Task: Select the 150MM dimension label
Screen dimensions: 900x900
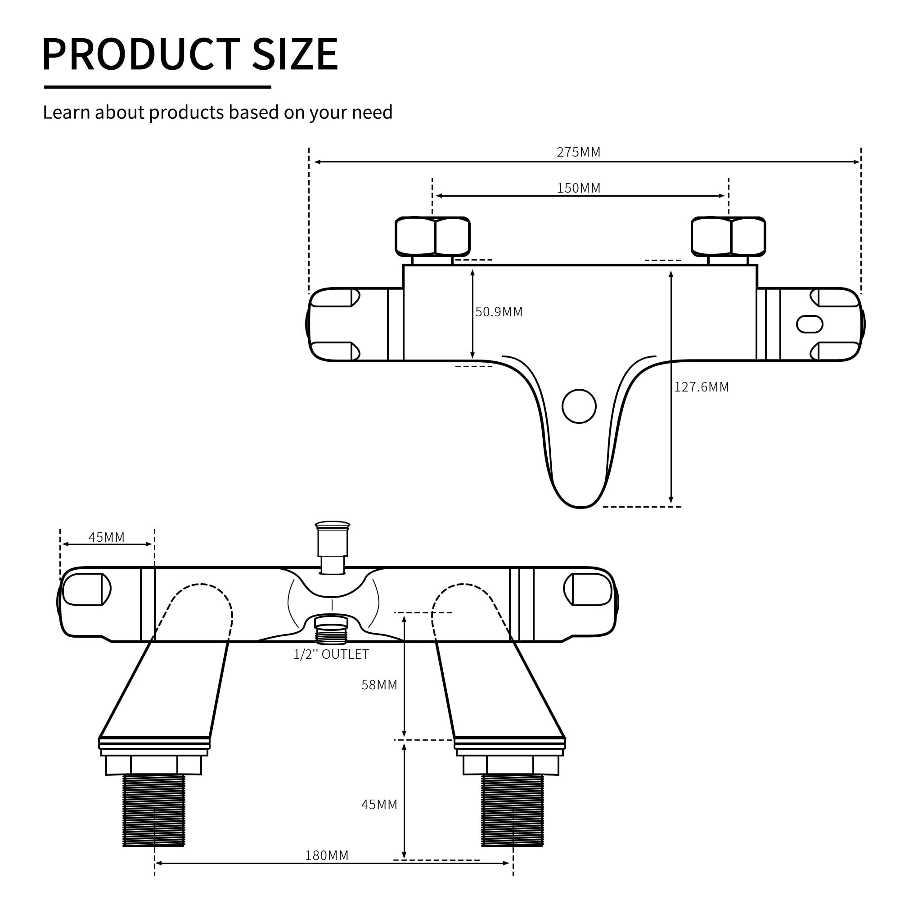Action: [x=579, y=188]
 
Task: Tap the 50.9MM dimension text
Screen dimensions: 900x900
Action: [x=499, y=312]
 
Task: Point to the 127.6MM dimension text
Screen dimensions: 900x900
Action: [x=702, y=387]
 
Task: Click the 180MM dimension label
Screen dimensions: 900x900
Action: [x=327, y=856]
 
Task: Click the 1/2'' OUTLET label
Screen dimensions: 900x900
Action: [x=331, y=654]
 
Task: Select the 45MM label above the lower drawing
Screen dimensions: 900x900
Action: [x=107, y=538]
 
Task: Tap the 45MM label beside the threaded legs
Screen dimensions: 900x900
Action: [x=379, y=805]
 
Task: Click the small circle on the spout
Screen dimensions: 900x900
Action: [x=579, y=407]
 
